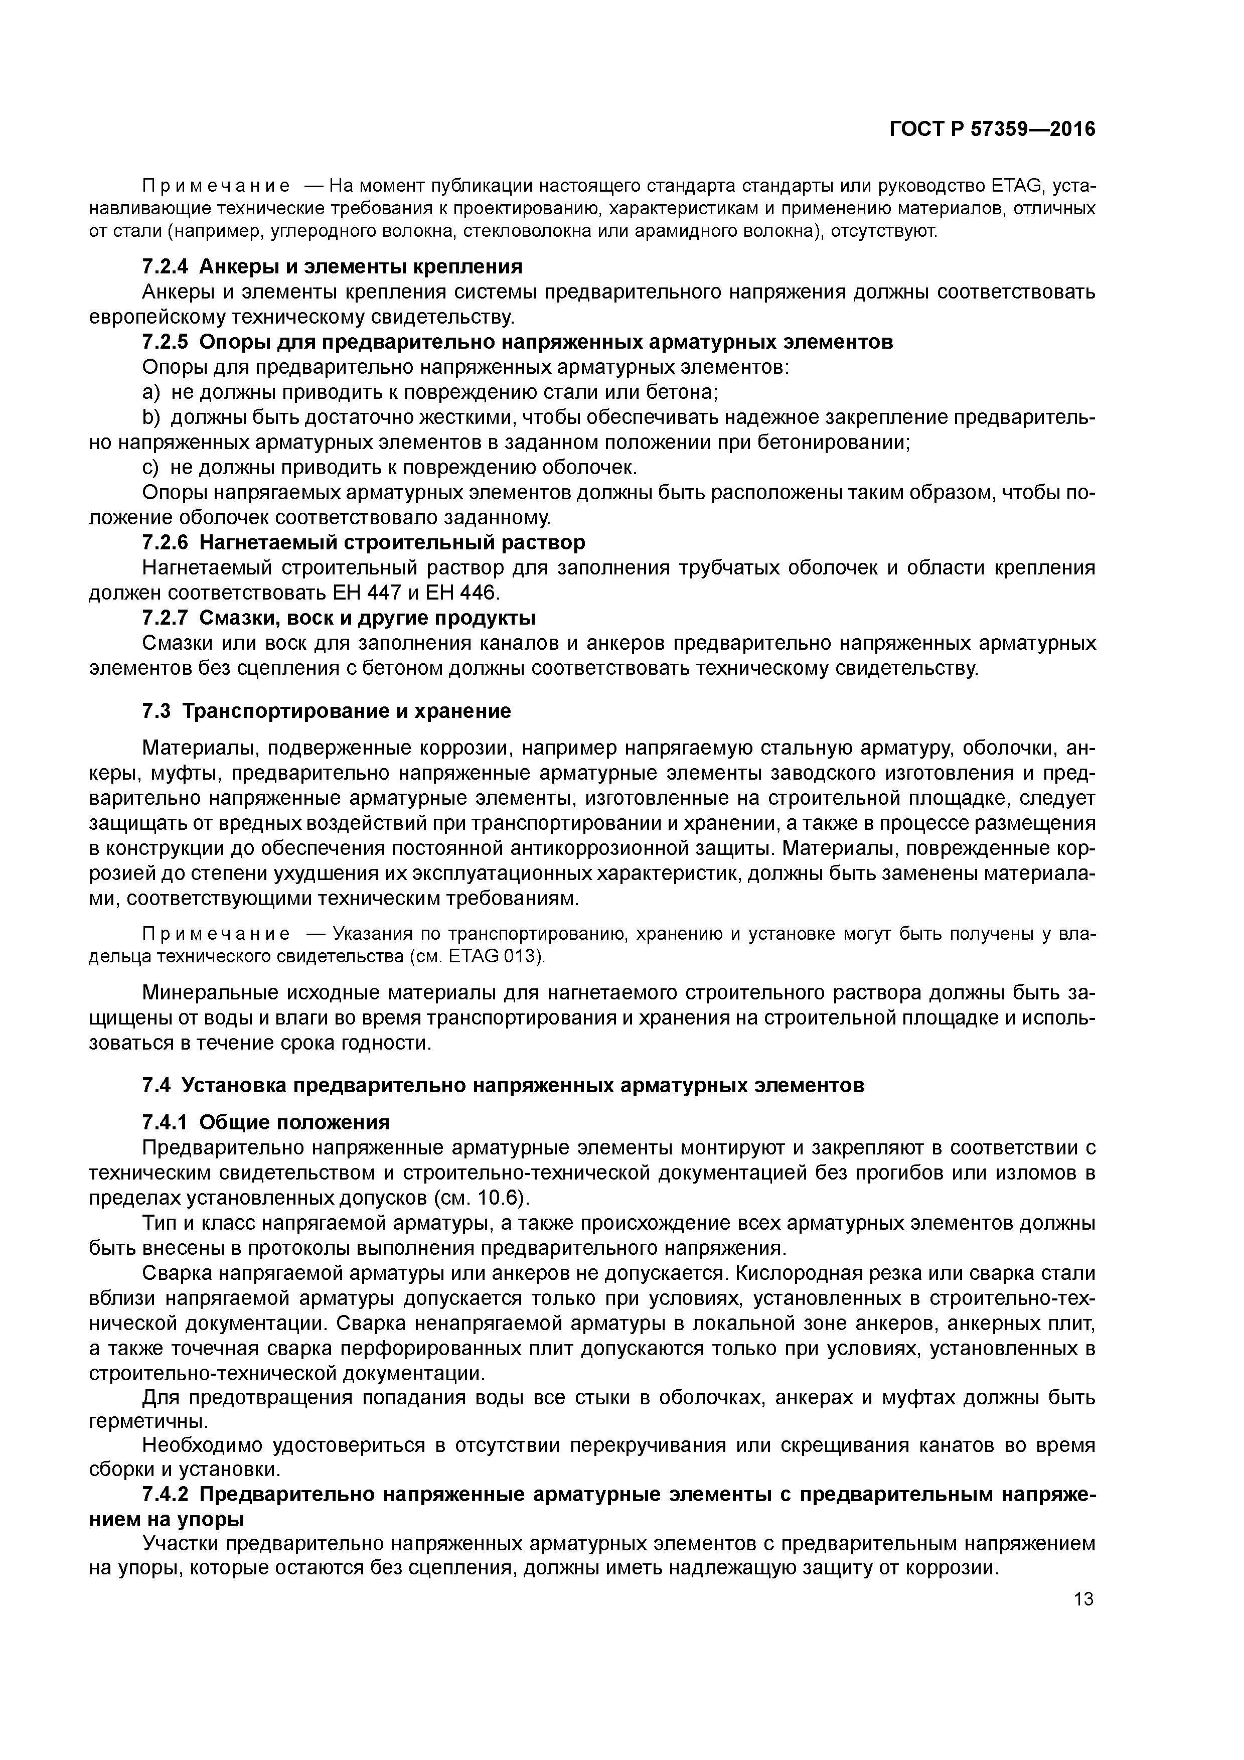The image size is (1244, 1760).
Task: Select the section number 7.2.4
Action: coord(165,267)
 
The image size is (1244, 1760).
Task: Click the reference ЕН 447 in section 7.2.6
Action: coord(360,593)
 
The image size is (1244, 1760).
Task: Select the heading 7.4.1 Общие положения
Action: coord(266,1122)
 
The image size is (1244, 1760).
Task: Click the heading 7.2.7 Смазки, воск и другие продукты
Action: coord(339,617)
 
